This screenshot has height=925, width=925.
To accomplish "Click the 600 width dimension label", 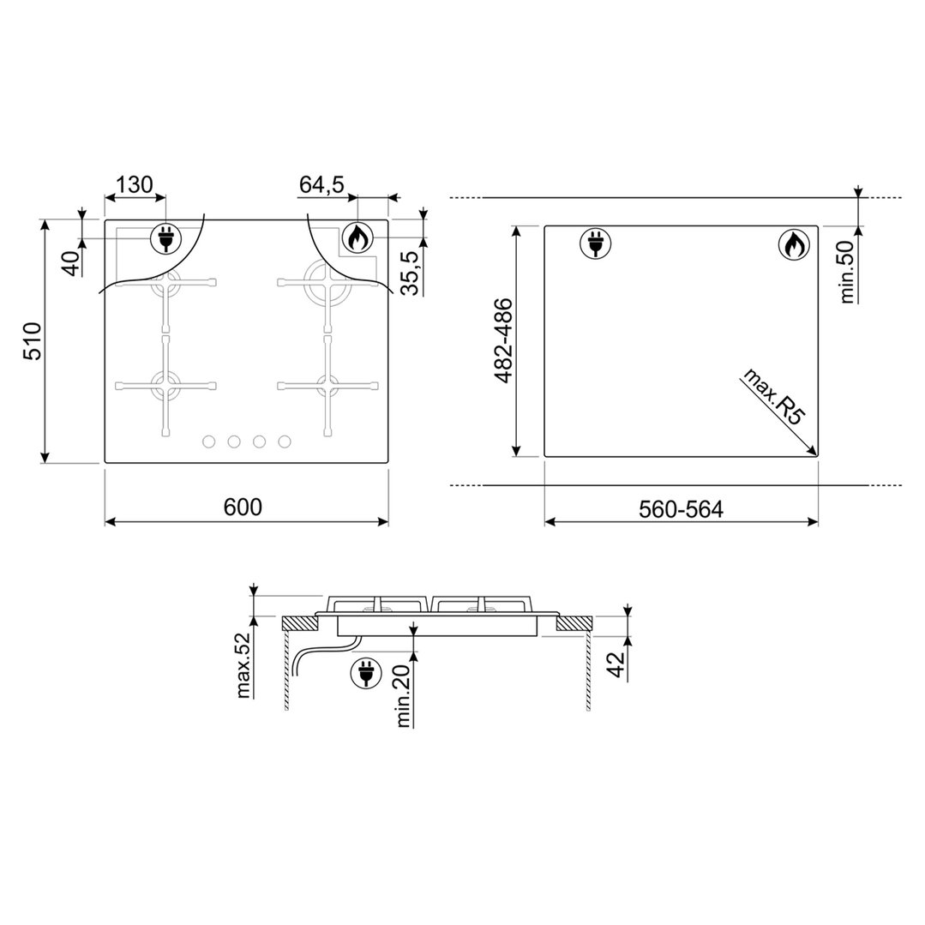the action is (x=243, y=507).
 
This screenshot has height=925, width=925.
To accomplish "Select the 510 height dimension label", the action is (x=32, y=341).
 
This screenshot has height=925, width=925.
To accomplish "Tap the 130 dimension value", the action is (x=134, y=184).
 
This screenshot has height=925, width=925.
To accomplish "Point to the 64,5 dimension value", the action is (x=322, y=184).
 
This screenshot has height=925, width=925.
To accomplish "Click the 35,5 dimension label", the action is (x=410, y=273).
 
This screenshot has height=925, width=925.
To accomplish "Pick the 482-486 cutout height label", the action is (x=502, y=341).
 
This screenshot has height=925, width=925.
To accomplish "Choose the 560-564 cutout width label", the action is (x=681, y=509).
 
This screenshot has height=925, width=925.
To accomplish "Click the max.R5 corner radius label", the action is (x=773, y=396).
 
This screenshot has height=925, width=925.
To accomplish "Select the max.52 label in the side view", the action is (x=243, y=664).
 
